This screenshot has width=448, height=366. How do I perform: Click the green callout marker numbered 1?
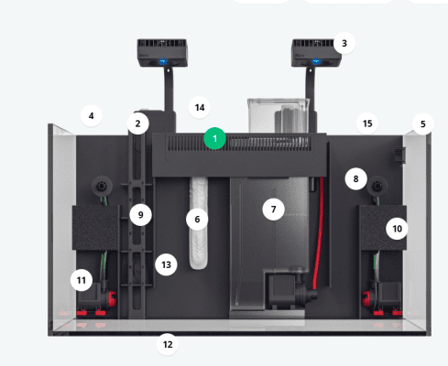[214, 138]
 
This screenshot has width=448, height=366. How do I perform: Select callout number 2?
[138, 124]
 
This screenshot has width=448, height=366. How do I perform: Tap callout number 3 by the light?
[344, 43]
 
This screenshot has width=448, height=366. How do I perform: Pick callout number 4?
[91, 116]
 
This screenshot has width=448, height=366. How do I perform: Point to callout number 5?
[422, 124]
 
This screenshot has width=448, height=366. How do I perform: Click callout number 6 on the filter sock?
[197, 220]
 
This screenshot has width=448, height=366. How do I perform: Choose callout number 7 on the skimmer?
[273, 210]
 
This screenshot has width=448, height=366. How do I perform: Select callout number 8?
[355, 178]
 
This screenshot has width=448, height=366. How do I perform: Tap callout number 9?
[140, 215]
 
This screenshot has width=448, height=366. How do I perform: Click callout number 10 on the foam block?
[397, 229]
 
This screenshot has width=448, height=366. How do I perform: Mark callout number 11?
[82, 280]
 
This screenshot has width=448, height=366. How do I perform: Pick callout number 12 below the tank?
[168, 344]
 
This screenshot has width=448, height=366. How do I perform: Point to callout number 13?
[166, 264]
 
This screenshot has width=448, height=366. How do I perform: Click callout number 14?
[200, 108]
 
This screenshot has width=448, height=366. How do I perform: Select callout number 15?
[367, 124]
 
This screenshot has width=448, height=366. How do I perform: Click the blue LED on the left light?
[163, 61]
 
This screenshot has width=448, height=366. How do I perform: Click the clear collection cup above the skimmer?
[278, 116]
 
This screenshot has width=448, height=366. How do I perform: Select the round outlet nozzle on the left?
[102, 186]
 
